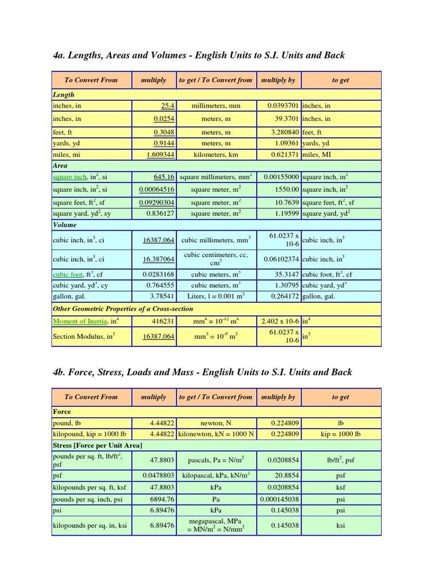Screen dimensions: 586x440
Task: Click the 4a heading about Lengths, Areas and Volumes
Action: click(x=198, y=55)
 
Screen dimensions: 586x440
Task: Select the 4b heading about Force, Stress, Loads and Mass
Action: click(x=202, y=372)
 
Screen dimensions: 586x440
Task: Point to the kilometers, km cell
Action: click(x=215, y=155)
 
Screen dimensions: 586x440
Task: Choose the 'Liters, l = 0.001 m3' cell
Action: click(x=215, y=296)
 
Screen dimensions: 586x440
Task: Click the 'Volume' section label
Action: click(x=65, y=225)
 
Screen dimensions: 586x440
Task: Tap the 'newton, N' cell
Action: click(x=215, y=423)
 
